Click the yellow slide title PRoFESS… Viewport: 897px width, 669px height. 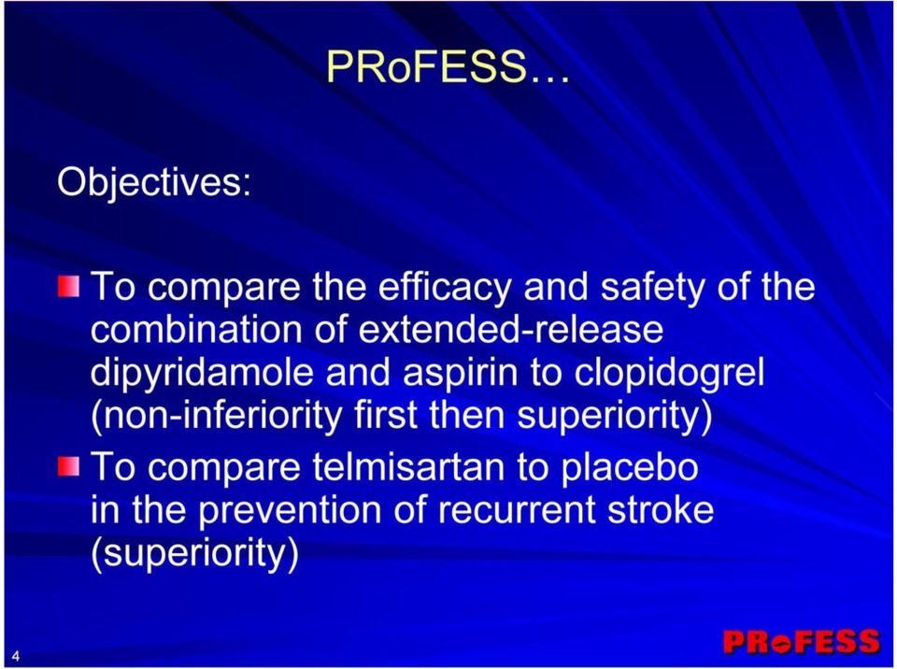point(448,66)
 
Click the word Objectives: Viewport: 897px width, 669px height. point(154,182)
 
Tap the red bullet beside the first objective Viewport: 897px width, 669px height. point(68,286)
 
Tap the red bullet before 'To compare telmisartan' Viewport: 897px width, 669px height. point(68,465)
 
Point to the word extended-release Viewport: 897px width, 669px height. point(511,330)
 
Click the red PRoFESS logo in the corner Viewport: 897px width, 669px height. point(801,642)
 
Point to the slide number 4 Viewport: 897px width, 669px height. point(16,656)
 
